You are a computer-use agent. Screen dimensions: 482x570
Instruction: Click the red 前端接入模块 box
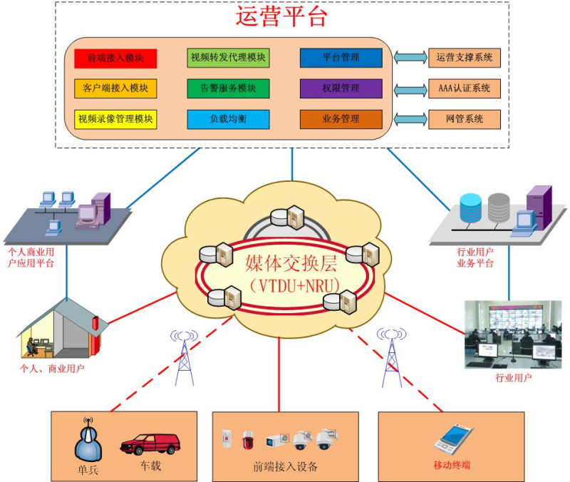coord(115,58)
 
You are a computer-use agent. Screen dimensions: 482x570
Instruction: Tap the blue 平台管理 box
coord(341,58)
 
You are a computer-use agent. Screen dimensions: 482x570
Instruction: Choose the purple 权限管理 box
coord(341,88)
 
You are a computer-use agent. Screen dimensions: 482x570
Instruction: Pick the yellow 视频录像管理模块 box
coord(115,119)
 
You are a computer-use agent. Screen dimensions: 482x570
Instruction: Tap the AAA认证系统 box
coord(464,88)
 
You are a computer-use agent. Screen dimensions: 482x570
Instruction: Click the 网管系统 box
coord(464,119)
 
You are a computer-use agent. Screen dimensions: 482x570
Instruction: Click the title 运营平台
coord(281,16)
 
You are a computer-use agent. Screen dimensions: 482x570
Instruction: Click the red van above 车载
coord(150,443)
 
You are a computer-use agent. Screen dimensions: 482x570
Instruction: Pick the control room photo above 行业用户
coord(512,334)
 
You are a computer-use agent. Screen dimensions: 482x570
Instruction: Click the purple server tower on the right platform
coord(539,206)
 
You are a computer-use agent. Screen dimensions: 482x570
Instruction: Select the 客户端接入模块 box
coord(115,88)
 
